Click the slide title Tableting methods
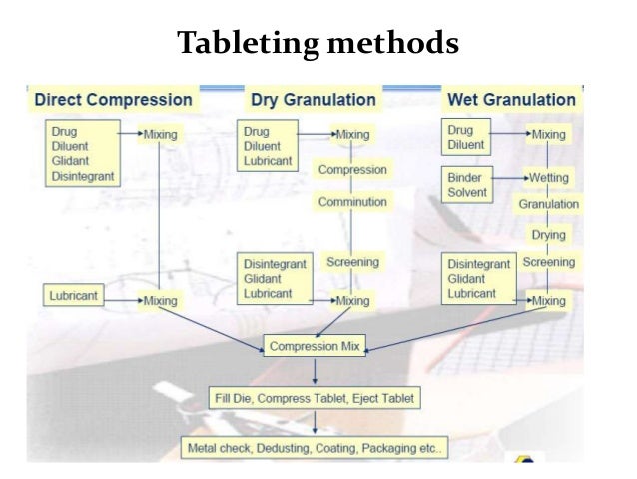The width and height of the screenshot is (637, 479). point(318,44)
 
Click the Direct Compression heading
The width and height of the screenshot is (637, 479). point(113,100)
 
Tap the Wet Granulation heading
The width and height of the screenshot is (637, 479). point(511,100)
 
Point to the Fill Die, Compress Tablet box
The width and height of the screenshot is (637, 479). point(314,397)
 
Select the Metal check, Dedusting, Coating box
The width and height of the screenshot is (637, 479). point(314,448)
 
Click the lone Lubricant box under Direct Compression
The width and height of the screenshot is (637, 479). point(76,296)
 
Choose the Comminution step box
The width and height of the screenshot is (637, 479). point(351,202)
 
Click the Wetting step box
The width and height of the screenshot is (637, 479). point(549,177)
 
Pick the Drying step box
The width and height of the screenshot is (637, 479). point(548,235)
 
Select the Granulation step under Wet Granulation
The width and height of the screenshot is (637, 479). point(548,204)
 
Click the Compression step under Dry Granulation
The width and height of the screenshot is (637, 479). point(351,169)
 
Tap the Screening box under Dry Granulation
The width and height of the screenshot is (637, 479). point(352,262)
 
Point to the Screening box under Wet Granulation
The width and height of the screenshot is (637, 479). point(549,262)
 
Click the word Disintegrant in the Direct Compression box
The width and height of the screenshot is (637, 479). point(82,177)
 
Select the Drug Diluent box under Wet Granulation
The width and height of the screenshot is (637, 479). point(467,137)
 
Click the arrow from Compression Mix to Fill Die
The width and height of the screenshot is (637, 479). point(316,371)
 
